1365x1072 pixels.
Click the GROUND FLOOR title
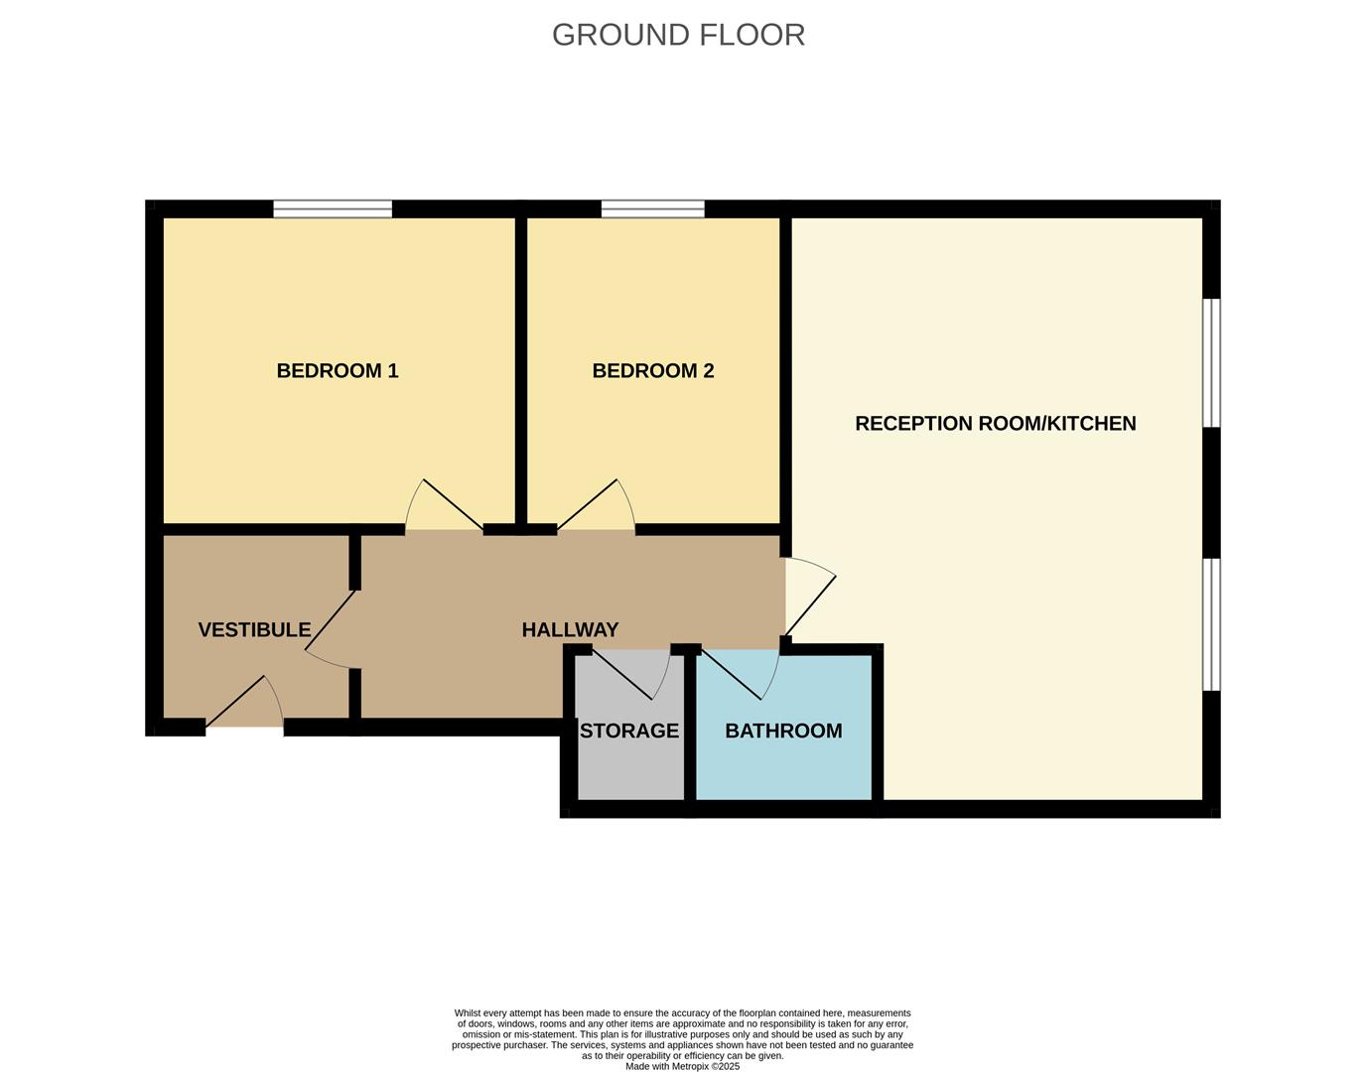pyautogui.click(x=678, y=35)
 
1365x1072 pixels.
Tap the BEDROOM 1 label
pyautogui.click(x=338, y=371)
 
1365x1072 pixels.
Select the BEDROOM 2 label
pyautogui.click(x=652, y=371)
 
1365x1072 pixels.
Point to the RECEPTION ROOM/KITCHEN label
pyautogui.click(x=995, y=424)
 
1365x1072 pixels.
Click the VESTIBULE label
pyautogui.click(x=254, y=630)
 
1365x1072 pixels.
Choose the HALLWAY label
pyautogui.click(x=570, y=630)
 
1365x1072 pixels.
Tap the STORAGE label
pyautogui.click(x=629, y=732)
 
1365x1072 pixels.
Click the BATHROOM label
pyautogui.click(x=783, y=732)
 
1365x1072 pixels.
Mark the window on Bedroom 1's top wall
pyautogui.click(x=333, y=208)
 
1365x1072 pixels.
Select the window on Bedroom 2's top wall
pyautogui.click(x=652, y=208)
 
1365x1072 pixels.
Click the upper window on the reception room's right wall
pyautogui.click(x=1211, y=363)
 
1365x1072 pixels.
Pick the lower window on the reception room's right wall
pyautogui.click(x=1211, y=623)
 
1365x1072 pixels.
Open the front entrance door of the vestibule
pyautogui.click(x=244, y=707)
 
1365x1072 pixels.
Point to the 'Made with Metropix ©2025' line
pyautogui.click(x=682, y=1066)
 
